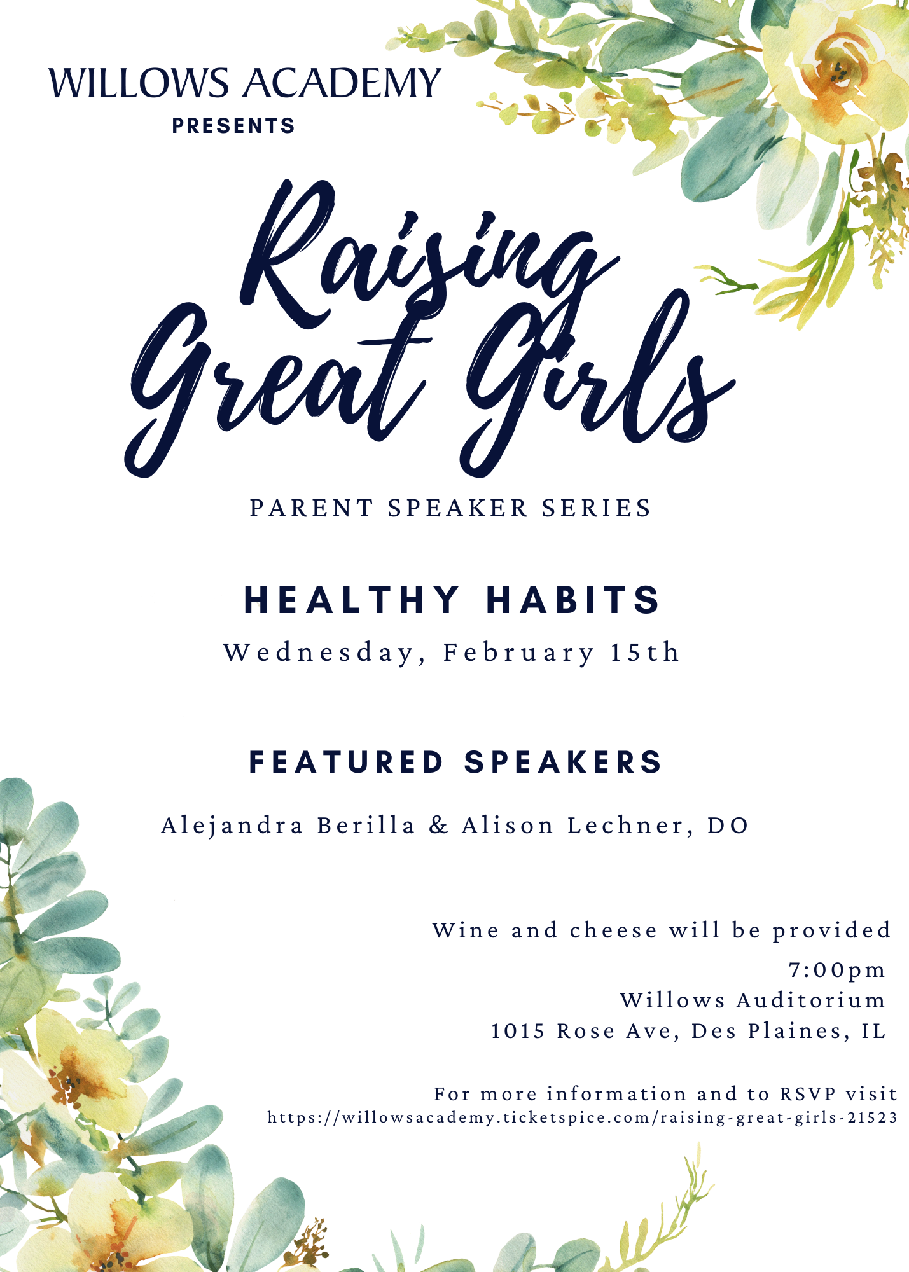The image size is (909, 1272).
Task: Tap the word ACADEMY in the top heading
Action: (343, 83)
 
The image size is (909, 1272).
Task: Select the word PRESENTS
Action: (233, 126)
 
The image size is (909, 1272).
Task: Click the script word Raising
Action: (420, 261)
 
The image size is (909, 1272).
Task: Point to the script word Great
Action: (274, 382)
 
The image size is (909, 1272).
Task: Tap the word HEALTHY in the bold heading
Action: (352, 600)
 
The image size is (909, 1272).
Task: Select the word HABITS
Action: (573, 600)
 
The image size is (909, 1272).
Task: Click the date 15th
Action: (644, 653)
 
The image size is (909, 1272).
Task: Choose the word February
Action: (518, 653)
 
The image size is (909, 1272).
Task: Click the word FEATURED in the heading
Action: (346, 762)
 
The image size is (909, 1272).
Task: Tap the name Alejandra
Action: (232, 826)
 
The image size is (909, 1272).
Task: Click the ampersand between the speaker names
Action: (438, 826)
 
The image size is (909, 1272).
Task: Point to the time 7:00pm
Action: (836, 970)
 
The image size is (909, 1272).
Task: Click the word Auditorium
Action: (810, 1000)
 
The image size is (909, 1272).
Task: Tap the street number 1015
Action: (518, 1031)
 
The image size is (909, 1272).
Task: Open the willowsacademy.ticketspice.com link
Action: (582, 1117)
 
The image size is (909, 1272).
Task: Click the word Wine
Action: (466, 930)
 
